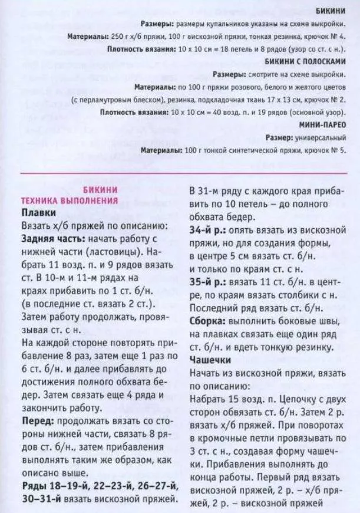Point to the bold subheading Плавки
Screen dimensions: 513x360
pos(39,212)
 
